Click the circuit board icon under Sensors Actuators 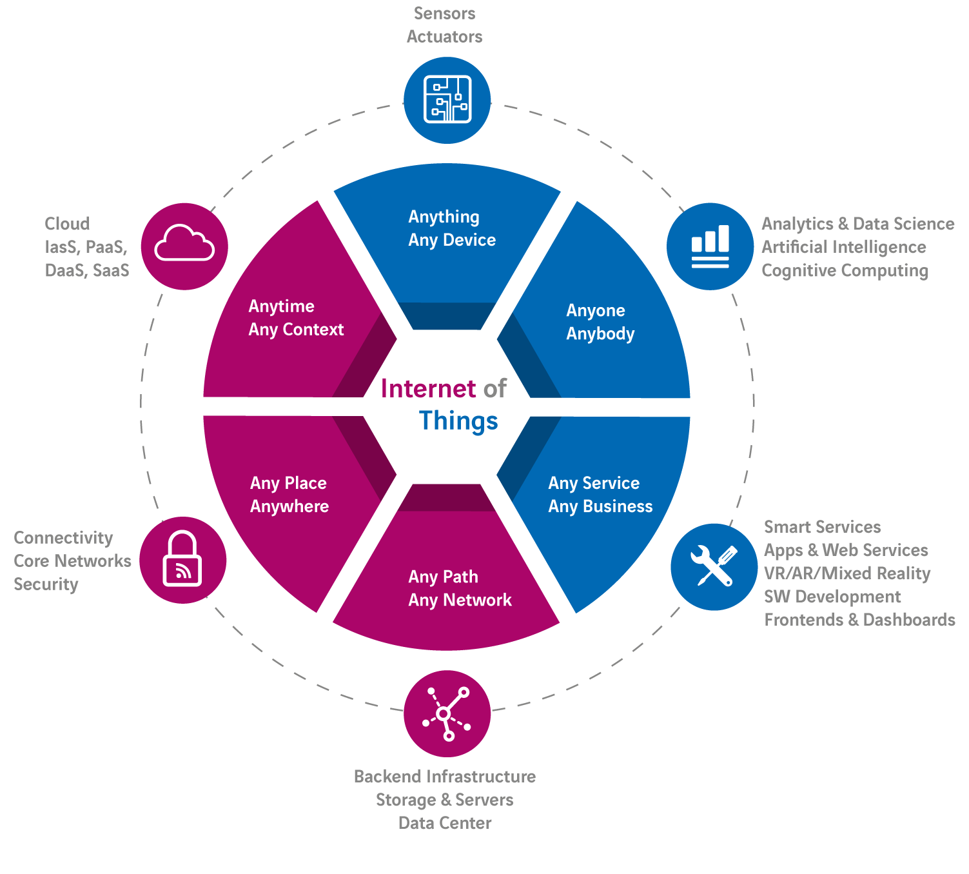447,100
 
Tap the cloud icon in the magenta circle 184,245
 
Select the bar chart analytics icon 710,246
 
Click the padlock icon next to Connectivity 182,560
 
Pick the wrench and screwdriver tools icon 714,566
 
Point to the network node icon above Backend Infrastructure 447,713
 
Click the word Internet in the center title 428,389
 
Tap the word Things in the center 458,421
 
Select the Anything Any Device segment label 451,228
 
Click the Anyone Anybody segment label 600,322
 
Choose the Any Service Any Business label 600,495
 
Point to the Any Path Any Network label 459,588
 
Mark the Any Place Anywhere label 289,495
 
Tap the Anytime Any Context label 295,318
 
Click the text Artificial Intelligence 843,247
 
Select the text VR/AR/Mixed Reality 847,573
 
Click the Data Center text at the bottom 445,823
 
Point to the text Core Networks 72,561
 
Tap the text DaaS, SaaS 87,270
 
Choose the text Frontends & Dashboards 859,620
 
